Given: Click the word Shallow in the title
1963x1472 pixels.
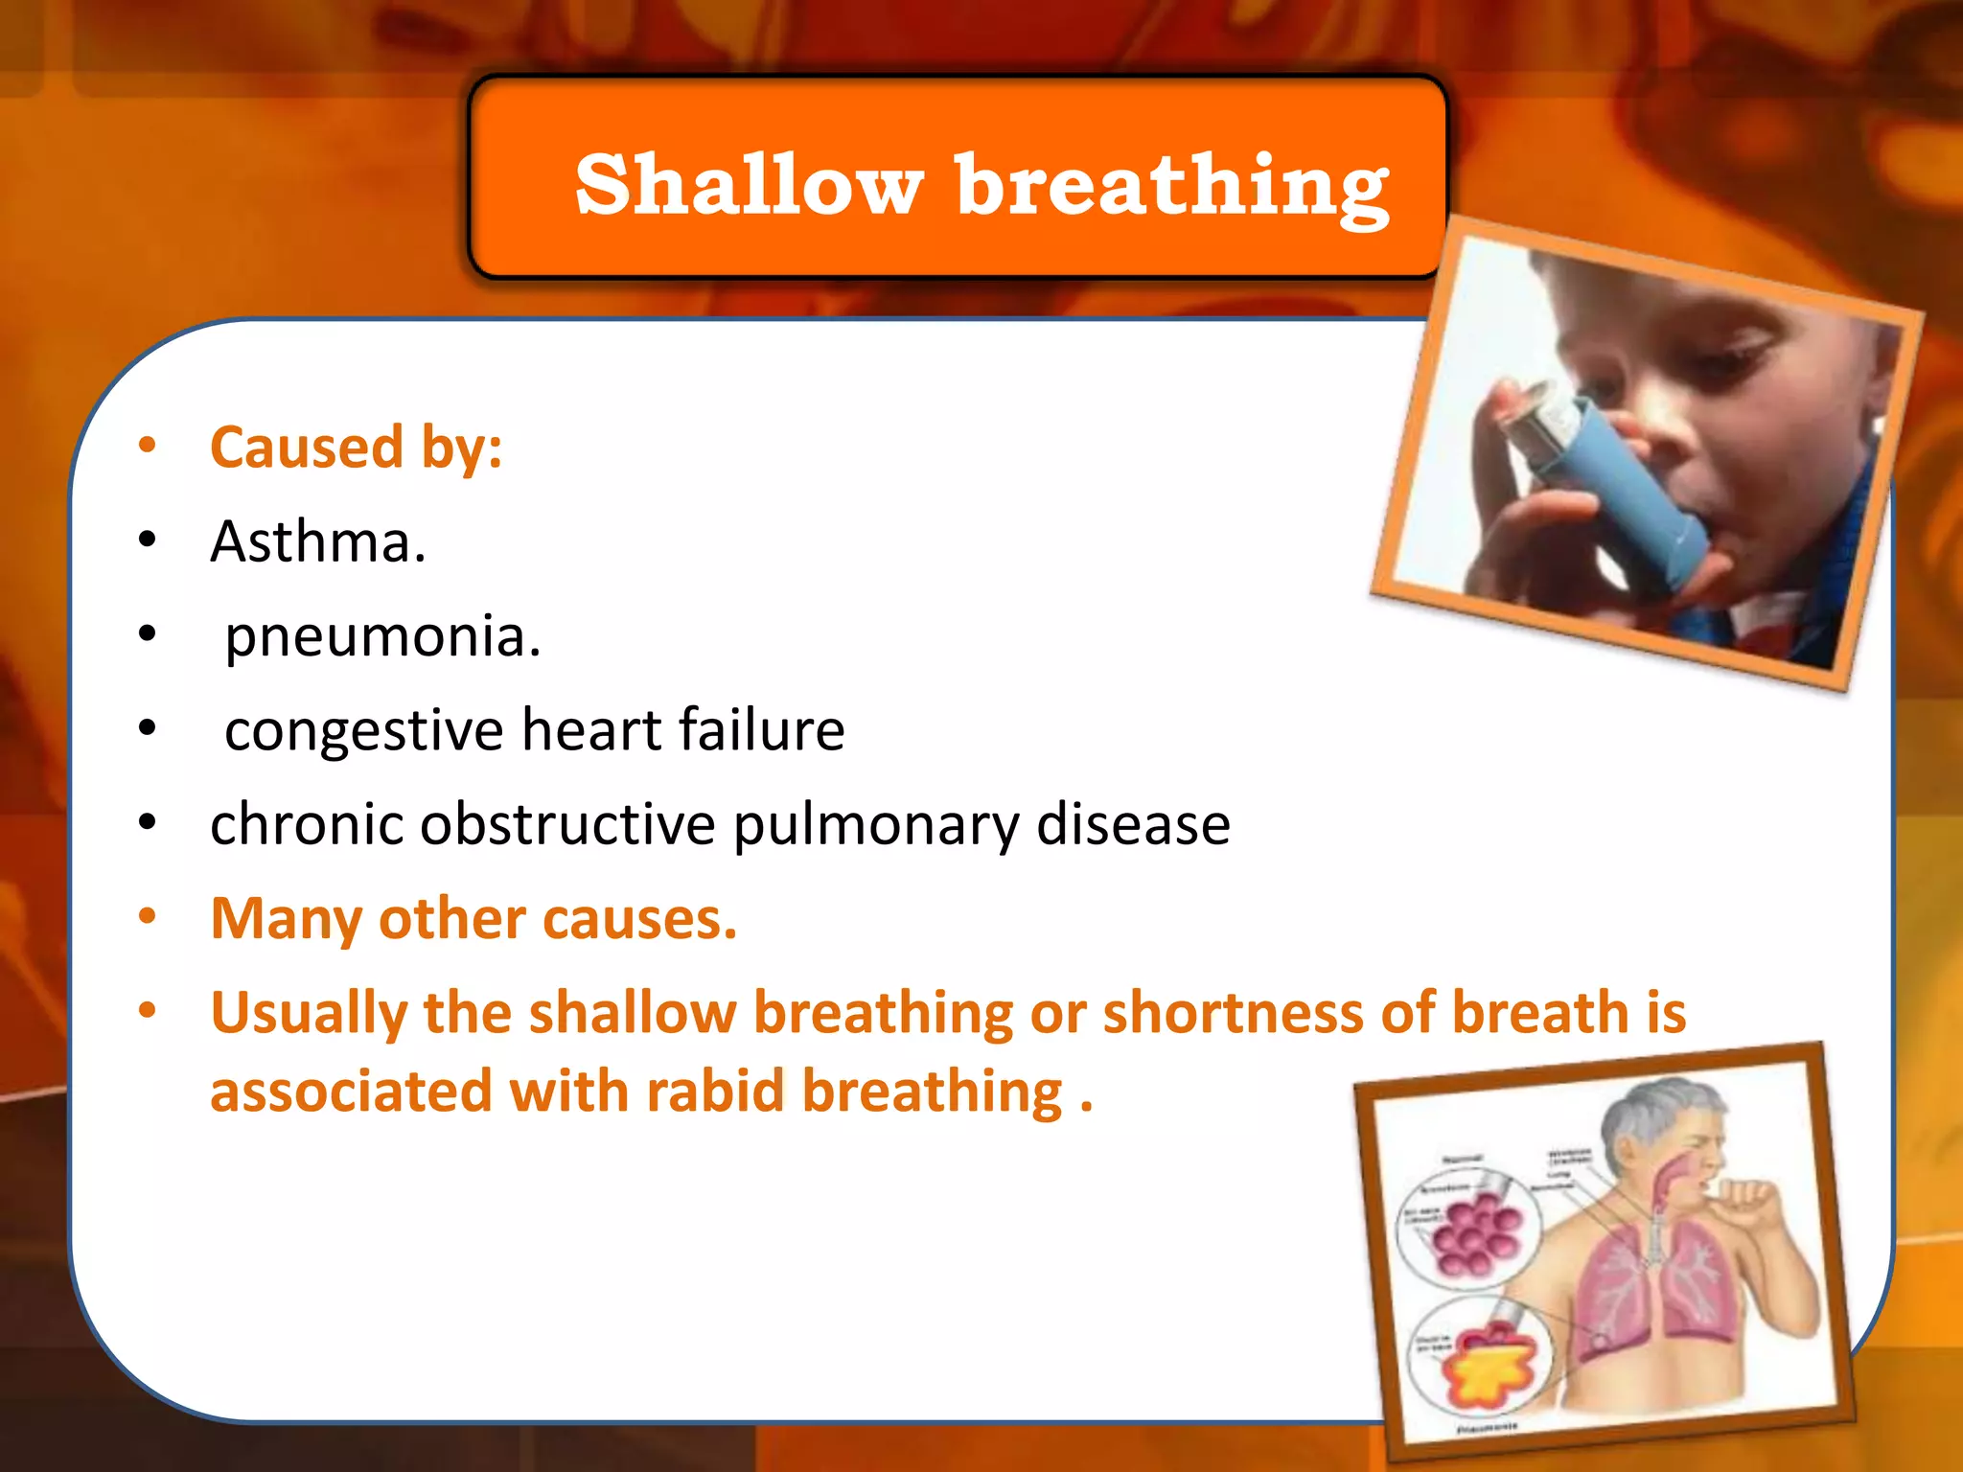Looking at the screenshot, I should (x=749, y=184).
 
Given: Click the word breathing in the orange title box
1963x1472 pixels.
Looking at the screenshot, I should (x=1171, y=187).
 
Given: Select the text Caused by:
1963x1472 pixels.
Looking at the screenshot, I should (x=356, y=448).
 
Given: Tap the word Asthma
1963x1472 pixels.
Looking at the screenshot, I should (x=317, y=541).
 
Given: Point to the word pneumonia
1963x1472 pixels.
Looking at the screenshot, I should (x=382, y=635).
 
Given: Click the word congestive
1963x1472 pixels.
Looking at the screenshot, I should (x=363, y=730).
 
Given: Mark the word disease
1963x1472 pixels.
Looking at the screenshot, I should (x=1133, y=824).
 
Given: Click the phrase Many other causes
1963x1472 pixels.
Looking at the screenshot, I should (x=473, y=918).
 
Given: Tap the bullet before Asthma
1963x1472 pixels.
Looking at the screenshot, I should (x=147, y=540).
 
